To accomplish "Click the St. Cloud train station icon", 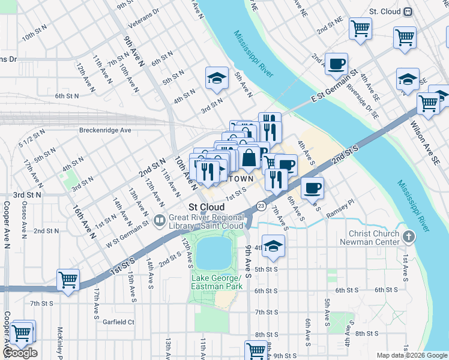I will tap(408, 11).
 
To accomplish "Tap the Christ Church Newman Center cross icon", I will tap(409, 235).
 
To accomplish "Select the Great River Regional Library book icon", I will tap(159, 220).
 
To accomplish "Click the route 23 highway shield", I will tap(261, 206).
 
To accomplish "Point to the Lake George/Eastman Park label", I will tap(216, 282).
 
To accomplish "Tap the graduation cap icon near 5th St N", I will tap(217, 78).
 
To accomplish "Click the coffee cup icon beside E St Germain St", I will tap(336, 63).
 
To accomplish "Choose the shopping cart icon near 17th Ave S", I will tap(68, 280).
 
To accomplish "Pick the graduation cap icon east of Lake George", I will tap(274, 246).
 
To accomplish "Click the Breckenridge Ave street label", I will tap(105, 130).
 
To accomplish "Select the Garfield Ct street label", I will tap(118, 322).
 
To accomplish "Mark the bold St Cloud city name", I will tap(206, 207).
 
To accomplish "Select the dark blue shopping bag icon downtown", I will tap(249, 158).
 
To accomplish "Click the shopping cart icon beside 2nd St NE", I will tap(360, 28).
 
